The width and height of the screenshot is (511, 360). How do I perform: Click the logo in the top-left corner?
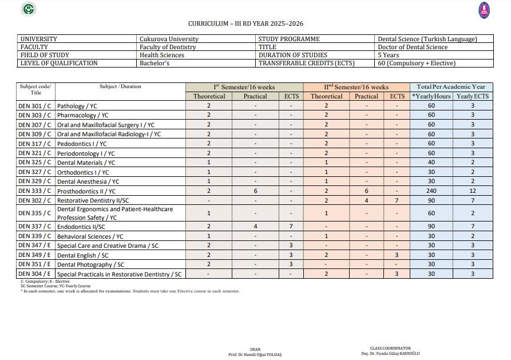tap(28, 9)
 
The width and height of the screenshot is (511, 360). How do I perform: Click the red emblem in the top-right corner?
tap(484, 10)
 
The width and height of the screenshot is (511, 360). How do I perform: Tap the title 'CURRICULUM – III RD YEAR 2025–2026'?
tap(245, 23)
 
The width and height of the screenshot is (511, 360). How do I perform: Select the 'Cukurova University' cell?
tap(169, 39)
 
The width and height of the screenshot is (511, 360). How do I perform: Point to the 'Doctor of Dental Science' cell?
tap(413, 47)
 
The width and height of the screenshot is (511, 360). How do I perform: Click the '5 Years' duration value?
tap(389, 55)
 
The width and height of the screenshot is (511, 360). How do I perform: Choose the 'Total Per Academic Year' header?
tap(451, 87)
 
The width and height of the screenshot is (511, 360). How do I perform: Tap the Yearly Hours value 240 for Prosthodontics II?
tap(431, 191)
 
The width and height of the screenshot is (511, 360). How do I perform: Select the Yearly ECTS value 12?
tap(473, 191)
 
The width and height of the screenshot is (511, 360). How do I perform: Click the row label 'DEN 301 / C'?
tap(35, 106)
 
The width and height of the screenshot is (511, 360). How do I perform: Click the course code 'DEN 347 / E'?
tap(35, 246)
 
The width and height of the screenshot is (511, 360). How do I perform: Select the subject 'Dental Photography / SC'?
tap(90, 264)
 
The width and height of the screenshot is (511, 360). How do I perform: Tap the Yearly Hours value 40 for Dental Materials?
tap(431, 163)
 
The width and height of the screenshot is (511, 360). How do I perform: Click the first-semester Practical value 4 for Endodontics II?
tap(255, 227)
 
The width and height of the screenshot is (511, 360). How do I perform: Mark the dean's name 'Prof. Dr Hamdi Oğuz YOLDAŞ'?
tap(255, 354)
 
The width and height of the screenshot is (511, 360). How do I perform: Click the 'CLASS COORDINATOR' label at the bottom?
tap(390, 348)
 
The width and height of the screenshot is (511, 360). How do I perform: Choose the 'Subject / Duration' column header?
tap(120, 86)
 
